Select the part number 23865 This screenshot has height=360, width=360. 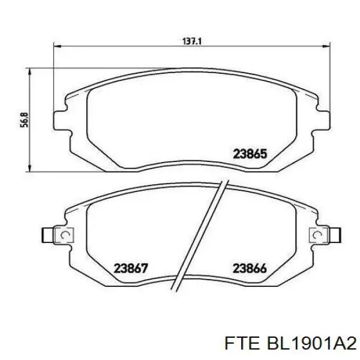pos(249,154)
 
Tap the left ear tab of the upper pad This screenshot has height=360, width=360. pos(60,119)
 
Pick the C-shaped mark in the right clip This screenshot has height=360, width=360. pos(314,235)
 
